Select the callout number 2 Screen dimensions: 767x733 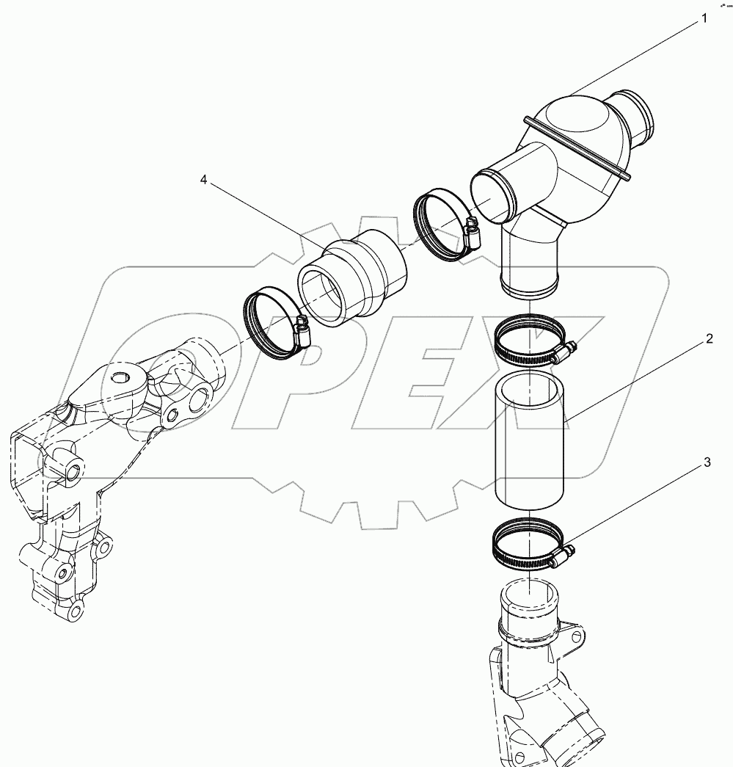(x=709, y=339)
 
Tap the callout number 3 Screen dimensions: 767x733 (x=707, y=462)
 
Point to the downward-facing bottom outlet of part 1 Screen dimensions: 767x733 (x=528, y=282)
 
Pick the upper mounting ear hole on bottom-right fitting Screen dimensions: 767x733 (x=578, y=634)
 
